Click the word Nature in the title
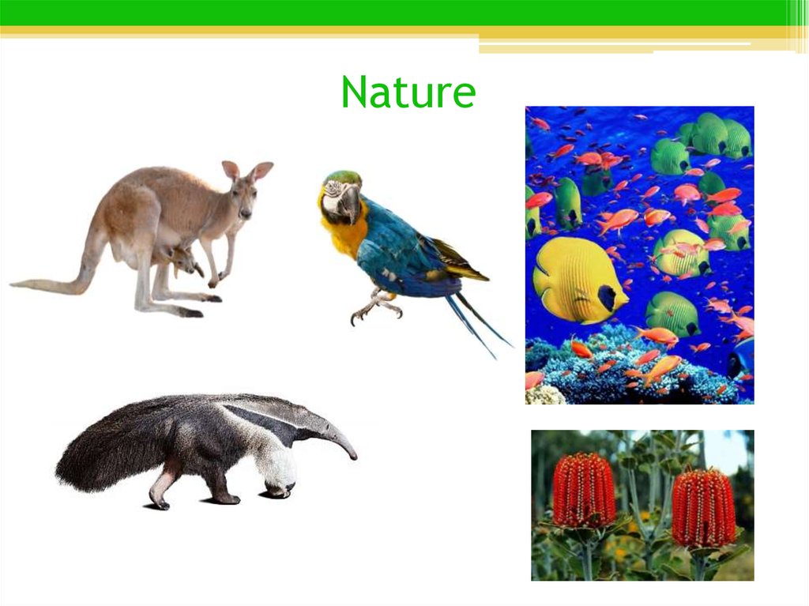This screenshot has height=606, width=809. click(x=408, y=93)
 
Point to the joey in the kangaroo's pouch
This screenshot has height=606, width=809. click(x=184, y=258)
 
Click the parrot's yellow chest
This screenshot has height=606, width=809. click(x=341, y=234)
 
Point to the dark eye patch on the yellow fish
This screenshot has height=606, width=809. click(x=607, y=298)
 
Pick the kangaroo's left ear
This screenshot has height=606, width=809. click(x=230, y=170)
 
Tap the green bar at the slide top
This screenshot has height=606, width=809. click(x=395, y=13)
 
